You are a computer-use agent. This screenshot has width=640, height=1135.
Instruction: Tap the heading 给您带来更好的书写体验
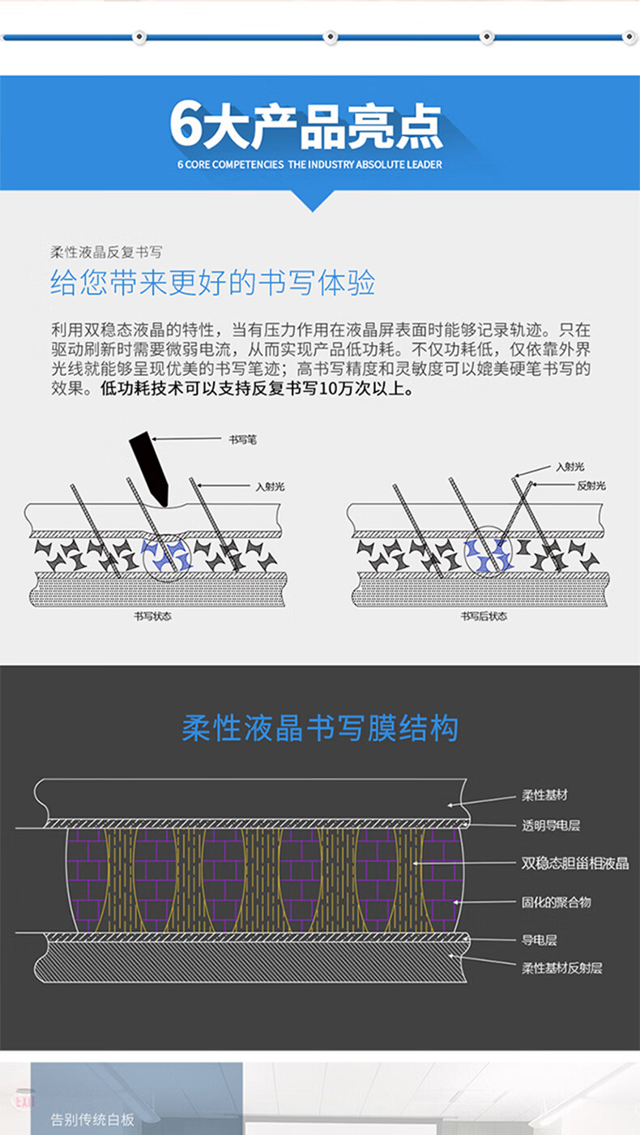point(213,283)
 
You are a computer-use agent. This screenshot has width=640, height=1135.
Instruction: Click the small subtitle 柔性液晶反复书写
point(106,252)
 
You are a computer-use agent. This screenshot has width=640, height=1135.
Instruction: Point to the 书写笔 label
point(242,439)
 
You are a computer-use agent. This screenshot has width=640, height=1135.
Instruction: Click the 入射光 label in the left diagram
point(270,487)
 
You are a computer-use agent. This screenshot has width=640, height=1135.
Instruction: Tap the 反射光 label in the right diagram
point(591,485)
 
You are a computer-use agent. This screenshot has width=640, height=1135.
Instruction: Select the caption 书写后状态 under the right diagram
point(484,616)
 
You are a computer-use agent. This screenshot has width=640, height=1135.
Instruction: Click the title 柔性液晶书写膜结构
point(320,728)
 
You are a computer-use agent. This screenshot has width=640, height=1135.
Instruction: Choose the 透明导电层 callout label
point(550,826)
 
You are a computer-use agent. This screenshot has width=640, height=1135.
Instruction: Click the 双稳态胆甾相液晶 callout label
point(574,864)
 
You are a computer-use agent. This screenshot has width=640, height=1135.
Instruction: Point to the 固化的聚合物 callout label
point(556,902)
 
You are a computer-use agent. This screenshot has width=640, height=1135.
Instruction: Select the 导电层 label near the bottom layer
point(539,941)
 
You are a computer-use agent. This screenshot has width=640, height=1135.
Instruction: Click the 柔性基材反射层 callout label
point(561,967)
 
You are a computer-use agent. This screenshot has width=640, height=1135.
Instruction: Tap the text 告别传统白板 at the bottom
point(92,1120)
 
